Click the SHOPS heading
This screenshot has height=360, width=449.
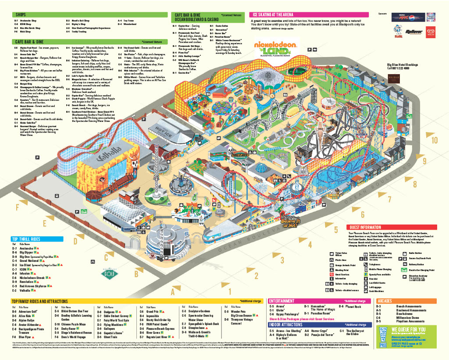[21, 15]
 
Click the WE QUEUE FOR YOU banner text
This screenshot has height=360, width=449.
[408, 329]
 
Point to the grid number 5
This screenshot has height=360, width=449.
[336, 229]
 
